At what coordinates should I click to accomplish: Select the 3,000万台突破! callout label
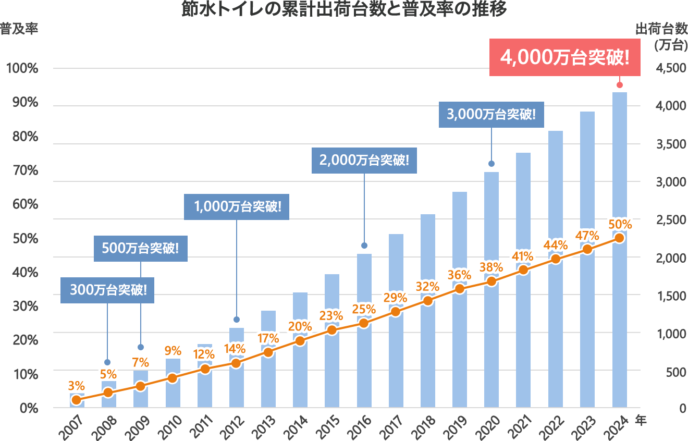pyautogui.click(x=491, y=114)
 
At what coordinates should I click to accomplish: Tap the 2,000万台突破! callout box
pyautogui.click(x=364, y=160)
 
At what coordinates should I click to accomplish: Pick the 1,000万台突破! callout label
pyautogui.click(x=237, y=206)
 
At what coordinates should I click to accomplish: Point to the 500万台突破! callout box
pyautogui.click(x=141, y=248)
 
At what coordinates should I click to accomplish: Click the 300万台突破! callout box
pyautogui.click(x=107, y=290)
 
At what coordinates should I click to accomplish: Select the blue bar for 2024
pyautogui.click(x=619, y=167)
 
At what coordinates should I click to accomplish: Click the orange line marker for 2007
pyautogui.click(x=77, y=400)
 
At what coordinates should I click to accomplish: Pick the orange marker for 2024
pyautogui.click(x=619, y=238)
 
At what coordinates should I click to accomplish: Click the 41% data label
pyautogui.click(x=523, y=256)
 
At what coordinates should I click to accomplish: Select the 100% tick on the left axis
pyautogui.click(x=22, y=68)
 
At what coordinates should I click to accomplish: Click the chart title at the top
pyautogui.click(x=344, y=10)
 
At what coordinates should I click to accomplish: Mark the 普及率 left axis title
pyautogui.click(x=19, y=28)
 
